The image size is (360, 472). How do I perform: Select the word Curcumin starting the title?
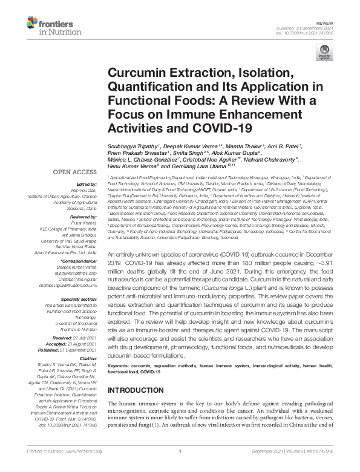129,73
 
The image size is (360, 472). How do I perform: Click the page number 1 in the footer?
180,467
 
